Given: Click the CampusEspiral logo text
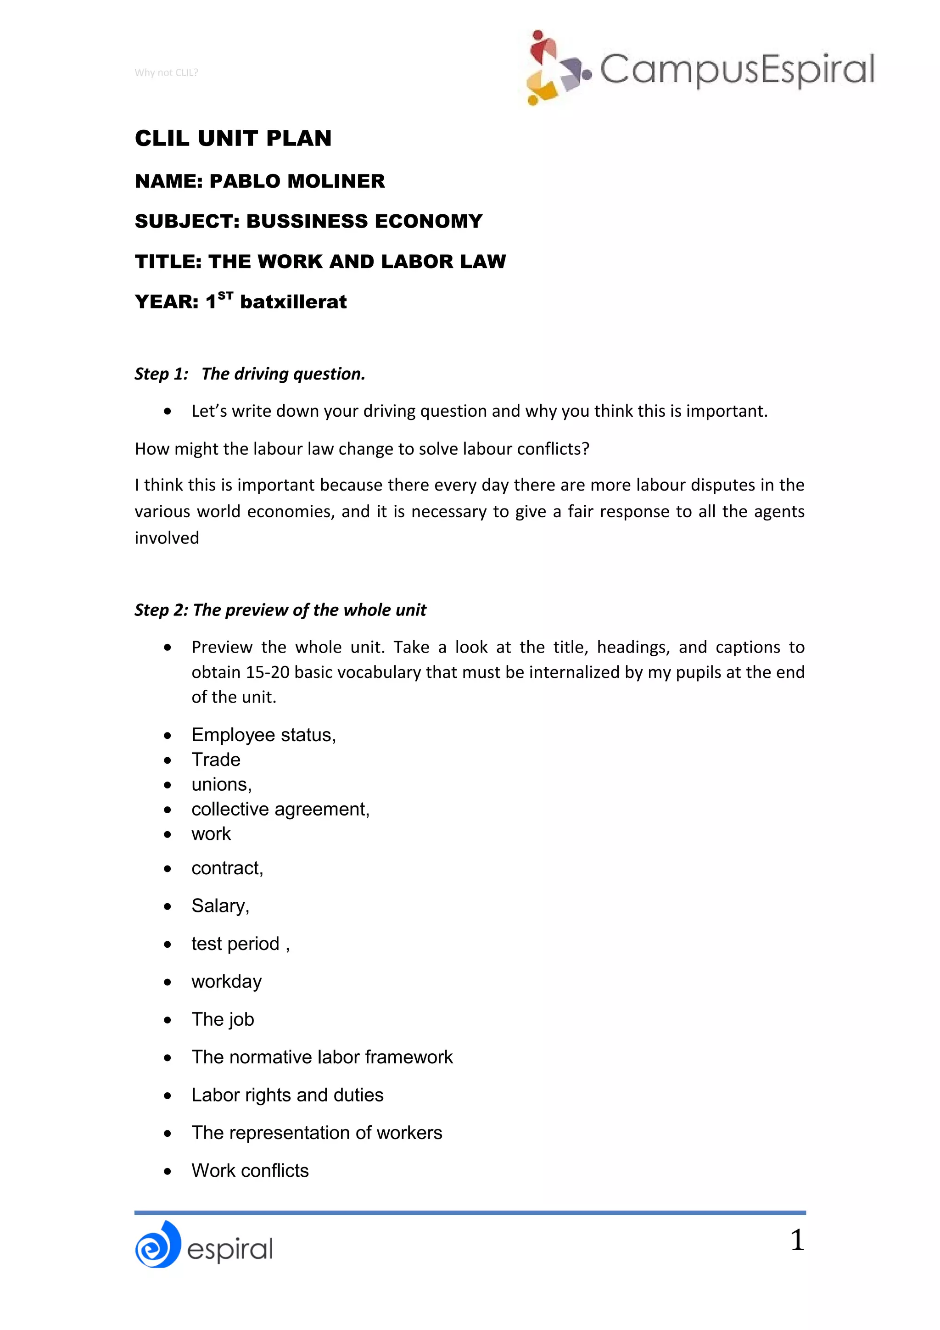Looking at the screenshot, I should click(736, 69).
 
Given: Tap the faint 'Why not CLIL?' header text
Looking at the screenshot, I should click(166, 73).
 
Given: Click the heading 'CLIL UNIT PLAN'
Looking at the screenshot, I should click(233, 139).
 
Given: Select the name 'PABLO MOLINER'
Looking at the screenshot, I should click(297, 181).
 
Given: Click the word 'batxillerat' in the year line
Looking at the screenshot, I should click(293, 302).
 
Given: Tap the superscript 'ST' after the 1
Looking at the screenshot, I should click(225, 296).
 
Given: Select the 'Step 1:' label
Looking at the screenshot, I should click(162, 374).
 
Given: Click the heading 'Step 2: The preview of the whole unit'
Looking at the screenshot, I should click(280, 610).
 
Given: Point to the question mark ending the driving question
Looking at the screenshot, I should click(586, 449).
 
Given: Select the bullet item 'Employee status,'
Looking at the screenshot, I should click(263, 735).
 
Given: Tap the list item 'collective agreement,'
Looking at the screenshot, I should click(280, 809).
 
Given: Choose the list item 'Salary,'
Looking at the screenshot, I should click(220, 906).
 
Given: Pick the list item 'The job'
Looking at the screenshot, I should click(223, 1019).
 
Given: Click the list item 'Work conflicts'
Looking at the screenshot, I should click(250, 1171).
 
